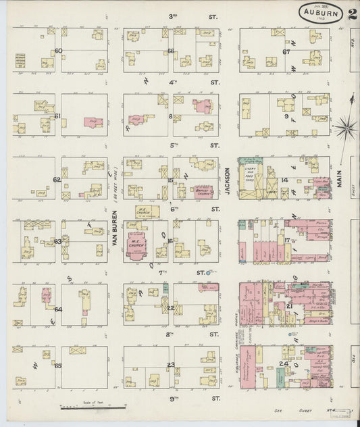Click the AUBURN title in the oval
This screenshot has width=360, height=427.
[322, 12]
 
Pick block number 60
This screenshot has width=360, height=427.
[59, 51]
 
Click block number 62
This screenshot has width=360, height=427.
[57, 180]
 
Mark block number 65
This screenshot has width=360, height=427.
[58, 366]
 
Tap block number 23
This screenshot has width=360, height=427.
[171, 366]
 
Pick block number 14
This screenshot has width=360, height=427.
[285, 180]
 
